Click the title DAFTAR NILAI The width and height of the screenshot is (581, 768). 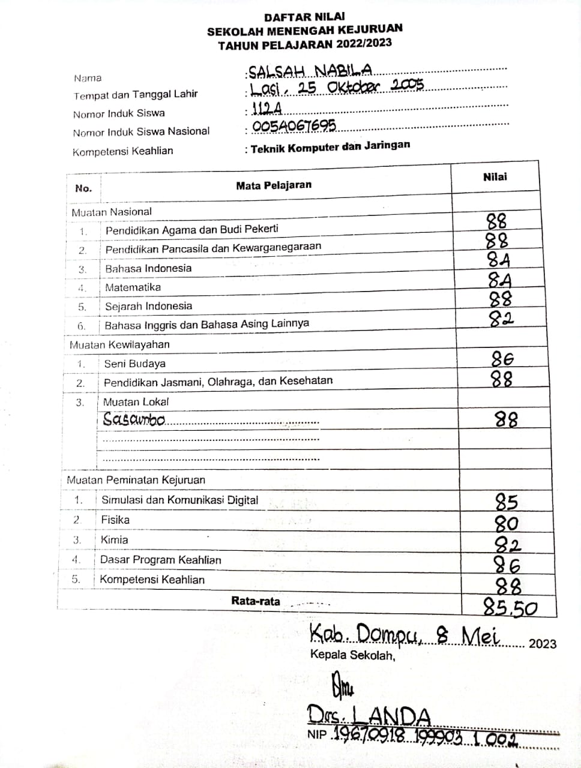pos(304,17)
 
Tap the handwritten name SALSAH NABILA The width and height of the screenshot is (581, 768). pos(310,71)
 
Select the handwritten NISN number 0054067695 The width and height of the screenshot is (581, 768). pos(294,126)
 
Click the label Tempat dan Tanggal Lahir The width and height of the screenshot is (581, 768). pos(136,95)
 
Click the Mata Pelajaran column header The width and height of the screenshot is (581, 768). pos(274,185)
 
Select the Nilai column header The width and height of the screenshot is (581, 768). pos(495,177)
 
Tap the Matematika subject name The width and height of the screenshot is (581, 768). pos(133,287)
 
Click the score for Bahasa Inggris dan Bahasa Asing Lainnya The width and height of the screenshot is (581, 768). pos(501,319)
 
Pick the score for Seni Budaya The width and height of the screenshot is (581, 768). pos(502,359)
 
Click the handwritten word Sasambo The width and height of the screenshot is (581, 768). pos(133,419)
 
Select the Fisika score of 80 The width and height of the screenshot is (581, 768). pos(506,523)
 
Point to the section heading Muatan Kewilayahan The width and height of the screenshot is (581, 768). pos(119,344)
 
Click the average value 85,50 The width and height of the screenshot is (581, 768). pos(510,608)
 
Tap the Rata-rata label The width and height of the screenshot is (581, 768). pos(256,601)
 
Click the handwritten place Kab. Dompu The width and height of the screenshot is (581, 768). pos(365,634)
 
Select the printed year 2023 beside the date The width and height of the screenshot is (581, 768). pos(542,644)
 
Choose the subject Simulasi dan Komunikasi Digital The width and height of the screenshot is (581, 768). pos(179,500)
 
